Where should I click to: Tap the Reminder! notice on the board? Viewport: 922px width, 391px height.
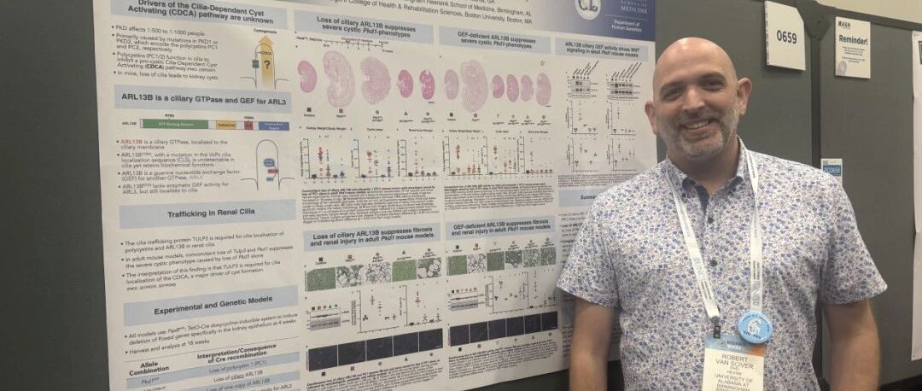852,47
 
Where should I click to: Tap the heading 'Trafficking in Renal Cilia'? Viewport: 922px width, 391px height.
207,212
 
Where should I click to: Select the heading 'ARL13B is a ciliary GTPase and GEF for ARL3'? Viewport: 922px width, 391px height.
202,96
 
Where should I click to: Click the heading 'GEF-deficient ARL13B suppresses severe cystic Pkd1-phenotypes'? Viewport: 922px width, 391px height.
494,38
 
